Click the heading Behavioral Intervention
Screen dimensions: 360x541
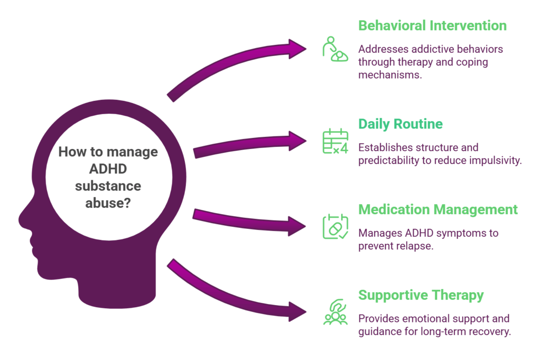click(432, 25)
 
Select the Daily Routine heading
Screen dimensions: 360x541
click(400, 124)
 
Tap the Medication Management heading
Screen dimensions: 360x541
click(438, 209)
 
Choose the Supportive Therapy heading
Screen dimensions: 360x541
click(421, 295)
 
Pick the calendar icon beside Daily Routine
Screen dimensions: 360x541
click(335, 142)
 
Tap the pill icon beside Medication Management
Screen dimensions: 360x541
click(335, 226)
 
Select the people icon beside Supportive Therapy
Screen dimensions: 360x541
click(335, 312)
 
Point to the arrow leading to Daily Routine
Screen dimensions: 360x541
click(248, 146)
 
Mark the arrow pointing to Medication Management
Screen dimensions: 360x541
click(248, 221)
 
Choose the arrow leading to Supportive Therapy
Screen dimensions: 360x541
click(238, 296)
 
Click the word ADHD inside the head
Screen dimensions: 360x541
click(108, 169)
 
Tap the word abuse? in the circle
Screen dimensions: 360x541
click(108, 203)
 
